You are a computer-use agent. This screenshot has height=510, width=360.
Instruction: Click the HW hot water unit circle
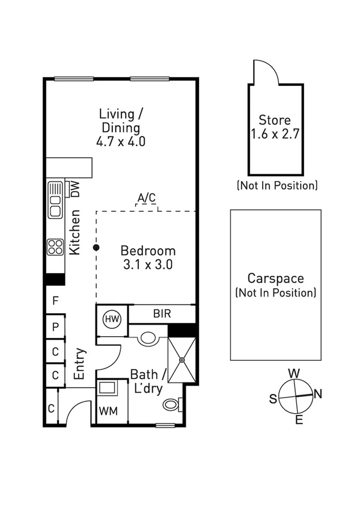[112, 318]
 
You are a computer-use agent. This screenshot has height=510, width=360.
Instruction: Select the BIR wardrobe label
[162, 313]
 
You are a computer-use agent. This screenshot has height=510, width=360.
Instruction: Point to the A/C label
[146, 197]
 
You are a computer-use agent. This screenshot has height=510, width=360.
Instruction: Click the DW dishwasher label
[76, 189]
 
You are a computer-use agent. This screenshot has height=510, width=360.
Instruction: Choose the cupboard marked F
[55, 300]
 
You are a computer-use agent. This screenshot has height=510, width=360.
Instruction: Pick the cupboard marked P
[55, 328]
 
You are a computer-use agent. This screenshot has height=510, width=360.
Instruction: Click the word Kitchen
[75, 232]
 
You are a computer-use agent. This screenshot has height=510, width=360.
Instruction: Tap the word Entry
[79, 363]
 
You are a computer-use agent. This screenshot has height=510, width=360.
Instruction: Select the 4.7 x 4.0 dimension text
[120, 142]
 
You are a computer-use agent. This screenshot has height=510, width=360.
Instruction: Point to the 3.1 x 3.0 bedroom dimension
[148, 265]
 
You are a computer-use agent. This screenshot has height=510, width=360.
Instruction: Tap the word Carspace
[275, 278]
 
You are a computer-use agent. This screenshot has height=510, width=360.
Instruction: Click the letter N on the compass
[318, 395]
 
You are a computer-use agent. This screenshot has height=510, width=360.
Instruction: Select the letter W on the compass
[294, 373]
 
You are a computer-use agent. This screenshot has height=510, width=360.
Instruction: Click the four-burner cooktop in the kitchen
[55, 247]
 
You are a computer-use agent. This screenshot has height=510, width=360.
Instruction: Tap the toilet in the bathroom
[171, 405]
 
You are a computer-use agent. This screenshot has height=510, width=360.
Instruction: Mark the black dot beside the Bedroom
[96, 247]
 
